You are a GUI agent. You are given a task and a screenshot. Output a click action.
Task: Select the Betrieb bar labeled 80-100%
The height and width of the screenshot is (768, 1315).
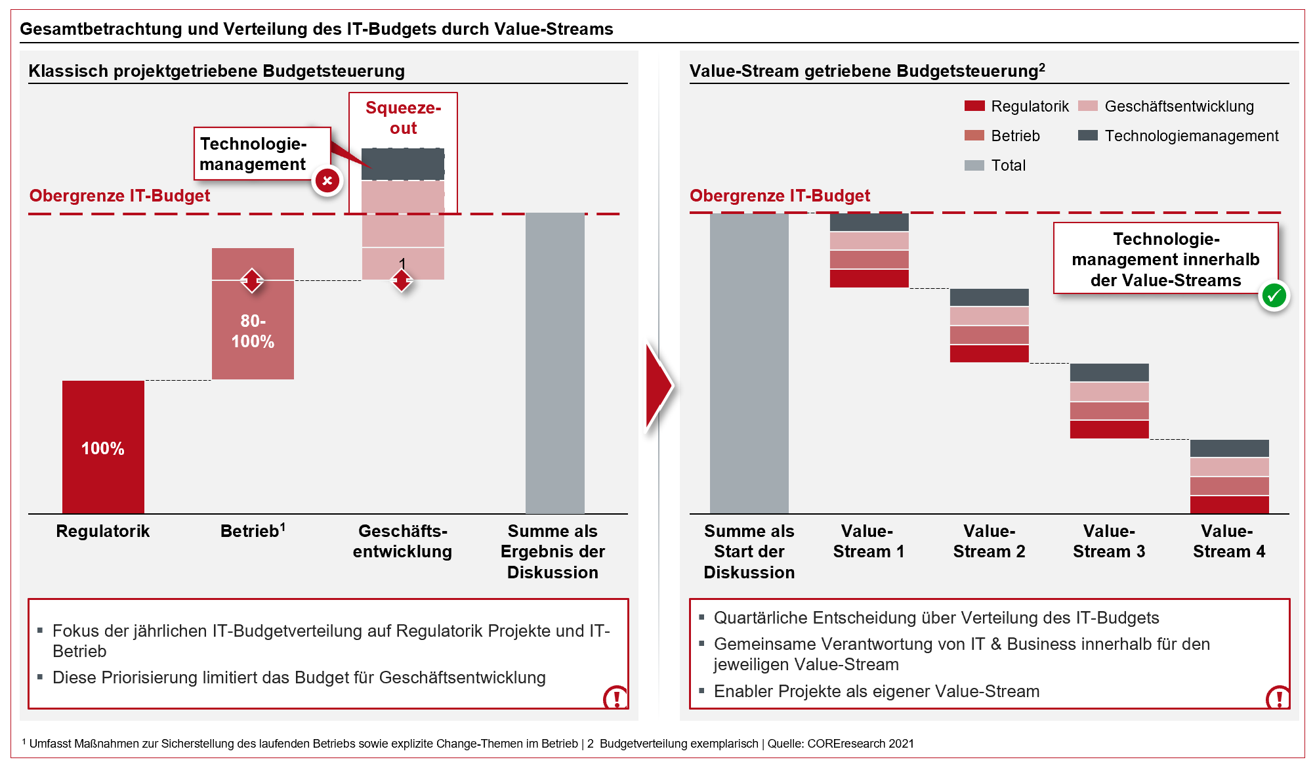tap(253, 314)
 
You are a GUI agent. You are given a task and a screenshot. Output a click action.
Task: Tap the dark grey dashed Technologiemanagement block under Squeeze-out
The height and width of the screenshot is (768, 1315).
tap(403, 164)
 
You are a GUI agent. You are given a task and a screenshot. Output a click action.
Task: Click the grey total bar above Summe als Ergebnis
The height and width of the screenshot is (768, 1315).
tap(554, 362)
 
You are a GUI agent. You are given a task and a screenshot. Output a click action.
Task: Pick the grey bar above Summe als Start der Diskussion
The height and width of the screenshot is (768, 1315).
tap(749, 362)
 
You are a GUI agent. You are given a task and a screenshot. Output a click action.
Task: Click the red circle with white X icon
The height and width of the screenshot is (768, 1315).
tap(327, 181)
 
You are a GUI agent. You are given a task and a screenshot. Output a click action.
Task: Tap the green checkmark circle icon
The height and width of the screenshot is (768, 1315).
tap(1274, 296)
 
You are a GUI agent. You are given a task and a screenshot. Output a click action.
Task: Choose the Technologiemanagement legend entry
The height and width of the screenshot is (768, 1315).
tap(1179, 136)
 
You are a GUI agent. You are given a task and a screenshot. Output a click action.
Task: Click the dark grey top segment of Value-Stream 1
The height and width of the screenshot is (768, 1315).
tap(869, 222)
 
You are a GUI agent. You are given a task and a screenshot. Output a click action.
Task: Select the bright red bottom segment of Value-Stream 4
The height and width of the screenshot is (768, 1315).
tap(1229, 505)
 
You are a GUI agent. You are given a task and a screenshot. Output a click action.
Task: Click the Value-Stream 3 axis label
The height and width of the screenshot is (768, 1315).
tap(1109, 541)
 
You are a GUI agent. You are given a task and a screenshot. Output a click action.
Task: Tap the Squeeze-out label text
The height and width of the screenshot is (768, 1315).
tap(403, 117)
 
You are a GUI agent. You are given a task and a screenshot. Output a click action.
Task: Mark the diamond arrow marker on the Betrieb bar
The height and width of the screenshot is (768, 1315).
tap(252, 280)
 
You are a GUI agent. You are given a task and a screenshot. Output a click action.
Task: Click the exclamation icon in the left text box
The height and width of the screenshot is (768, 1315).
tap(616, 697)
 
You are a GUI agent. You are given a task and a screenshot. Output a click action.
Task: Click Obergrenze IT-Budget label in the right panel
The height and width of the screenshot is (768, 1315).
tap(780, 196)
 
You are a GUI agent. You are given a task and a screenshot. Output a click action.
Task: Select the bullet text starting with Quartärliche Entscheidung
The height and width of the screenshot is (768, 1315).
tap(936, 618)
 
